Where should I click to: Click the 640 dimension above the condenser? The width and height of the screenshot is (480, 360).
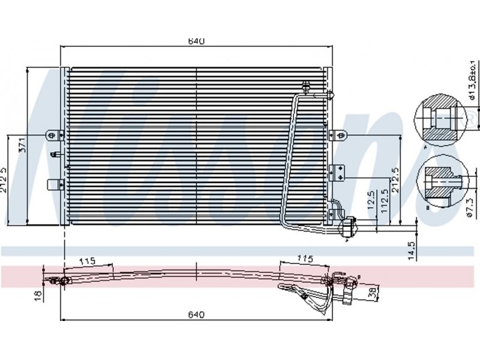tap(196, 41)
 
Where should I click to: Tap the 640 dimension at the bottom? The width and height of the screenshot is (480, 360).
tap(196, 314)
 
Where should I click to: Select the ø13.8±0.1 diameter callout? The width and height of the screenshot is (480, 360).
tap(472, 80)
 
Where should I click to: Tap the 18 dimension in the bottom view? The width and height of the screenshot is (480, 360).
tap(37, 295)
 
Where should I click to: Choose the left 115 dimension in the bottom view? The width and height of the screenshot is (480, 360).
tap(88, 261)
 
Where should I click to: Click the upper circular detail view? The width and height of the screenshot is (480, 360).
tap(440, 119)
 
